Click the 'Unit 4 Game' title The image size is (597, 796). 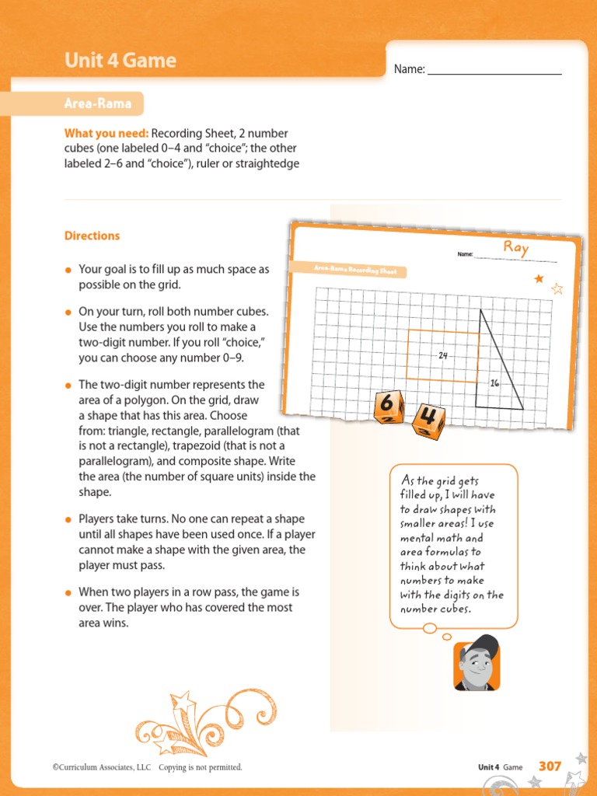click(120, 61)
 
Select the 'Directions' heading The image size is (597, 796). click(92, 236)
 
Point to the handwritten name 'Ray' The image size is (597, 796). click(515, 248)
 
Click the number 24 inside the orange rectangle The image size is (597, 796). click(443, 355)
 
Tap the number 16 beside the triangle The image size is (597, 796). click(494, 383)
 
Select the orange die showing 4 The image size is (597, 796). click(428, 421)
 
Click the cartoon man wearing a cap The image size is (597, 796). click(477, 663)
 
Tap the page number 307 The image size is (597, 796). click(550, 766)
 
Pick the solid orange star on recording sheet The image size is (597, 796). click(539, 278)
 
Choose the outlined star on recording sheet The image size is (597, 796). click(557, 289)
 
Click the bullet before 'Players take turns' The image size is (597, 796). click(68, 519)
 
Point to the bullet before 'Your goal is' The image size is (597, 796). click(68, 270)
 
